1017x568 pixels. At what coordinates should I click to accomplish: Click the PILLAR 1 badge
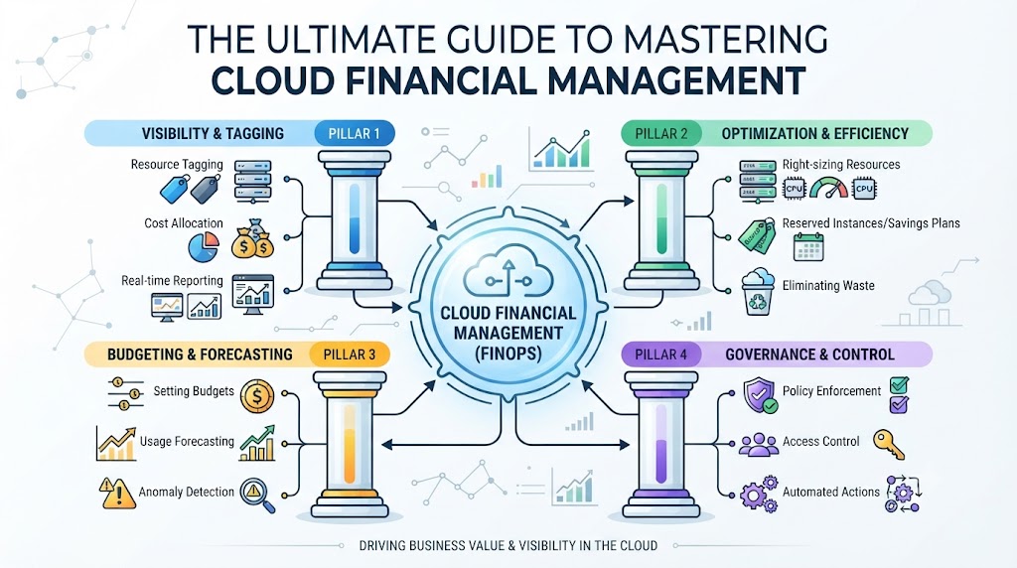[355, 134]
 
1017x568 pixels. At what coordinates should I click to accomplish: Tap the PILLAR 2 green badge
[660, 134]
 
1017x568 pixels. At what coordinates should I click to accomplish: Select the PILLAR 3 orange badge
[349, 355]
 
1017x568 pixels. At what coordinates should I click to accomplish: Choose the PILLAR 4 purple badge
[660, 355]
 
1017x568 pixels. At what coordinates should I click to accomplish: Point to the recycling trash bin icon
[758, 292]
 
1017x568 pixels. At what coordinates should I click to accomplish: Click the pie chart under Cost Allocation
[204, 247]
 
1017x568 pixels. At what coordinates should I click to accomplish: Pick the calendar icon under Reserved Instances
[808, 247]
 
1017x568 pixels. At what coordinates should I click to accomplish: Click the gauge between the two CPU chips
[829, 188]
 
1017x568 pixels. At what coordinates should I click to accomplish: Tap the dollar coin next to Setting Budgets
[257, 397]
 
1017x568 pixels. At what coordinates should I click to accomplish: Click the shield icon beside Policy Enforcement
[760, 395]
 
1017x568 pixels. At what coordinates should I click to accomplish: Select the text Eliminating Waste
[828, 285]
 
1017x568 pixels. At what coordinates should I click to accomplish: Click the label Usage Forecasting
[187, 442]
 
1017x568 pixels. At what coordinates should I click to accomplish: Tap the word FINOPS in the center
[508, 355]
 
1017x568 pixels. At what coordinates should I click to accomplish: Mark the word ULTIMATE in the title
[350, 39]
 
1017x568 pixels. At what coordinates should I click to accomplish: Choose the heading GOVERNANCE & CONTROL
[809, 355]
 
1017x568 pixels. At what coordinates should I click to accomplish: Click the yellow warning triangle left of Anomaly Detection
[117, 494]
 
